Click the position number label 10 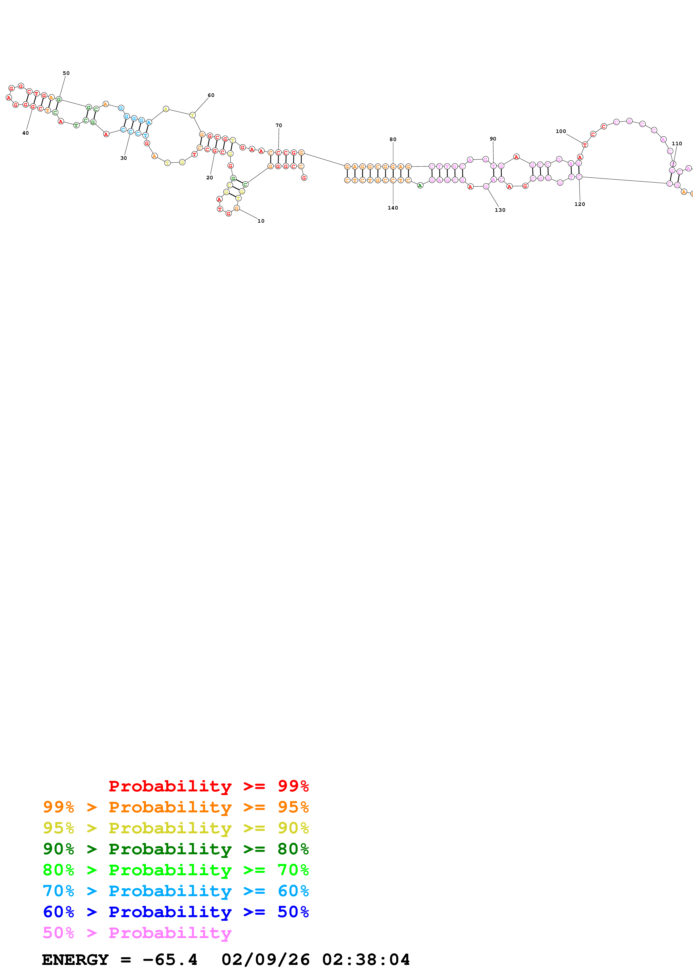(261, 221)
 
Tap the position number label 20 (210, 178)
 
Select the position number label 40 (26, 133)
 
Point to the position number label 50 (66, 73)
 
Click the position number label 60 (211, 96)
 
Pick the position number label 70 (279, 125)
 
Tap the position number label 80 (393, 140)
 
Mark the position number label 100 (561, 132)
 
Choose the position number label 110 (677, 144)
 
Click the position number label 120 (580, 204)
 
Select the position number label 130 (500, 210)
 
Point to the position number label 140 (393, 208)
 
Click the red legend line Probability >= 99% (208, 786)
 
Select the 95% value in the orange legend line (293, 807)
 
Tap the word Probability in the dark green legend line (170, 849)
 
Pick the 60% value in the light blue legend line (293, 891)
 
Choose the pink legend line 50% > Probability (137, 933)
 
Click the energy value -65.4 (170, 960)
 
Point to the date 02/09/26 (265, 960)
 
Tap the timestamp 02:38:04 (366, 960)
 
